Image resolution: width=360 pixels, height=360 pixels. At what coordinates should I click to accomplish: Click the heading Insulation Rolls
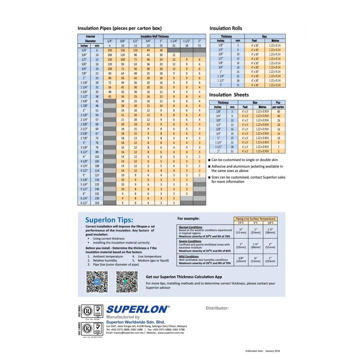coord(226,28)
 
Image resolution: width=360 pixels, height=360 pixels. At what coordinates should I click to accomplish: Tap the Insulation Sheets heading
coord(229,95)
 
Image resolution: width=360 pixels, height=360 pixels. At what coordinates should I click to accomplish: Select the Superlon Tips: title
coord(109,220)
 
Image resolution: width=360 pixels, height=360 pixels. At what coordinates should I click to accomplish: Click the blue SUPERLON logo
coord(138,309)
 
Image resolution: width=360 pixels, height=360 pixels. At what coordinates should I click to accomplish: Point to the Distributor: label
coord(217,308)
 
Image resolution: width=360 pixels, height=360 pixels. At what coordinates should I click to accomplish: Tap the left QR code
coord(97,282)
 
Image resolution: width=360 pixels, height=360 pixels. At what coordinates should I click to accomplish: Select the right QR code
coord(127,282)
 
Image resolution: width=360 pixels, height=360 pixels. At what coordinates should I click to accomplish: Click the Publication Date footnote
coord(263,351)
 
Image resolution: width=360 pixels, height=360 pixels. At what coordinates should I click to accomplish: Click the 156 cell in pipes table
coord(123,50)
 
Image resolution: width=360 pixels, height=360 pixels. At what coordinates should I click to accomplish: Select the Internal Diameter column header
coord(90,39)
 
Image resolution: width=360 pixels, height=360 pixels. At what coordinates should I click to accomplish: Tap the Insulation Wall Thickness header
coord(155,36)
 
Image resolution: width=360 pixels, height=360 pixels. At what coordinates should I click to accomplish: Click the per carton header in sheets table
coord(278,107)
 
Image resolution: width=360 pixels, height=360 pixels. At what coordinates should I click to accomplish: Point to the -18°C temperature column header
coord(270,223)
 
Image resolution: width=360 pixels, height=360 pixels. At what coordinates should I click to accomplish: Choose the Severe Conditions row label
coord(190,241)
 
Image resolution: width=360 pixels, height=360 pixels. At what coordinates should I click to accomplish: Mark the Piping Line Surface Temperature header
coord(256,219)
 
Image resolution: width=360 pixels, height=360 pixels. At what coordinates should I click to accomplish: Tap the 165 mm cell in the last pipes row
coord(97,203)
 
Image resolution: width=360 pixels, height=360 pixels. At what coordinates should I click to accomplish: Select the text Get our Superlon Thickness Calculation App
coord(184,277)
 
